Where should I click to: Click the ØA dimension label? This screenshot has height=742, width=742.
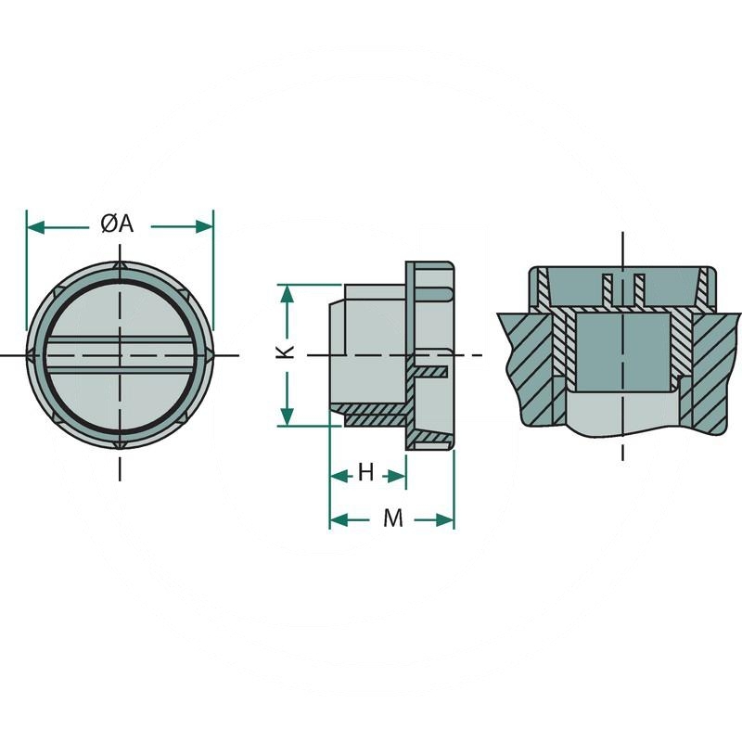point(118,224)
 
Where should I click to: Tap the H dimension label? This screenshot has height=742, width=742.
point(366,474)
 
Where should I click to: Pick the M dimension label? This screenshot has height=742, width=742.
point(393,519)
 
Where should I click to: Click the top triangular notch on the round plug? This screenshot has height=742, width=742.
point(120,267)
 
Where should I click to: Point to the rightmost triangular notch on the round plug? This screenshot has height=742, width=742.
point(210,356)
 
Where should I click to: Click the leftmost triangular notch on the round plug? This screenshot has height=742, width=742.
point(32,356)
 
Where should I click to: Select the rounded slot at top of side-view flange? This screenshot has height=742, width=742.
point(436,292)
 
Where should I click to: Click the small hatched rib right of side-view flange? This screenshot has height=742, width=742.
point(432,372)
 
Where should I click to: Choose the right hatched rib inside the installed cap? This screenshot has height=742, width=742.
point(638,288)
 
